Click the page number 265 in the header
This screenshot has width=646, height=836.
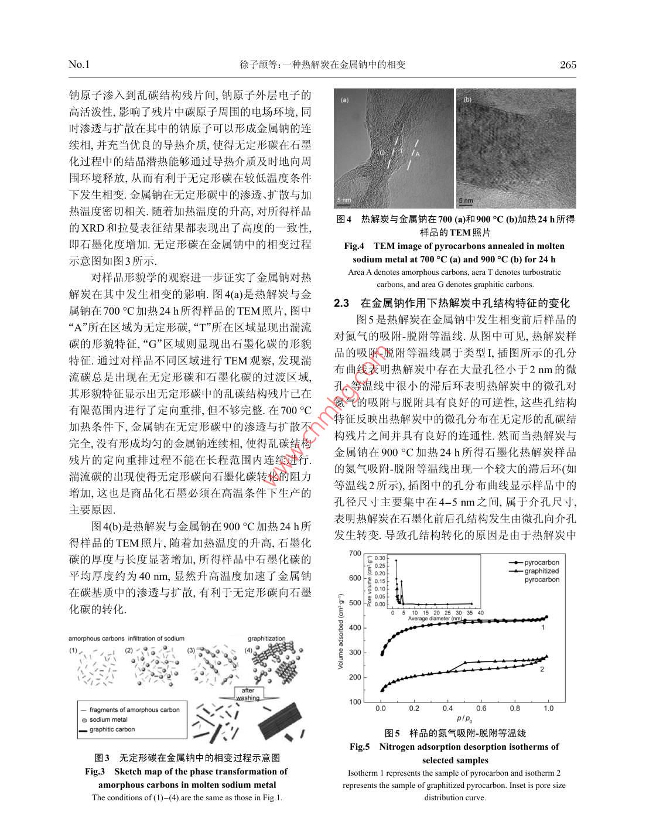click(568, 64)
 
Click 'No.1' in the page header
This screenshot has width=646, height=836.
click(79, 64)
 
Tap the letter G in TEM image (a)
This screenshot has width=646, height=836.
click(381, 152)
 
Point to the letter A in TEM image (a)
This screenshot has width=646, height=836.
click(419, 154)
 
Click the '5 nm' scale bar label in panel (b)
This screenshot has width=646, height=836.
click(466, 200)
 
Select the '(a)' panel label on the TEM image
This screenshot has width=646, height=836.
click(344, 100)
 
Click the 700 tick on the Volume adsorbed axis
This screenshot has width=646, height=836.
click(355, 553)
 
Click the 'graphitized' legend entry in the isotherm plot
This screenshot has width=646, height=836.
click(541, 571)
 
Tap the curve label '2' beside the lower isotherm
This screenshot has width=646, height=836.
click(542, 668)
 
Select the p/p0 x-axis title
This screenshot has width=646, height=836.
click(464, 719)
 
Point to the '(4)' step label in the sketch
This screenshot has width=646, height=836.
click(248, 650)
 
